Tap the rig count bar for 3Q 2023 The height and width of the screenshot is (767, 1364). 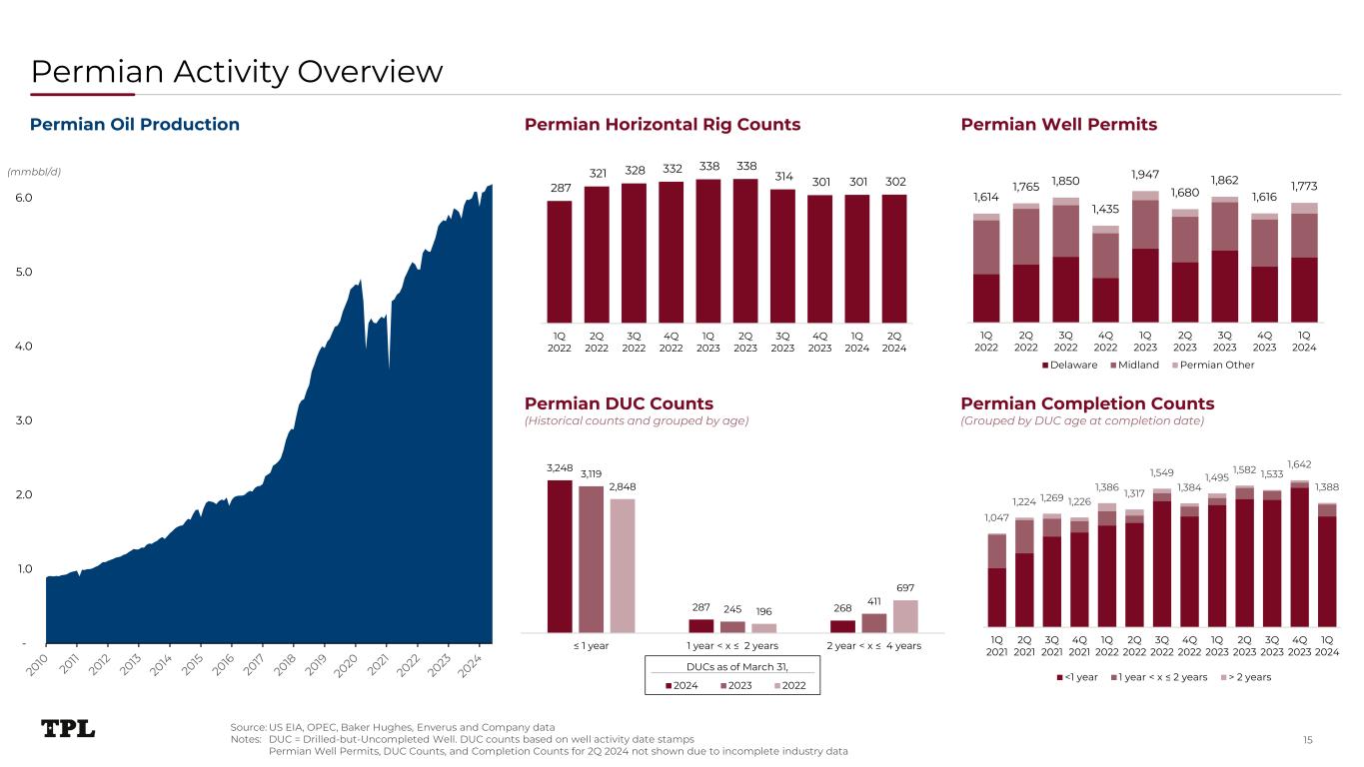click(x=782, y=255)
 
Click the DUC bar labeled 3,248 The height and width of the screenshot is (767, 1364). click(x=560, y=556)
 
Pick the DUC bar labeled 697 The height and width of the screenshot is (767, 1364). click(x=905, y=616)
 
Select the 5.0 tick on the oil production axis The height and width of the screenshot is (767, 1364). click(x=23, y=272)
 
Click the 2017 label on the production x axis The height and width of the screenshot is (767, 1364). click(x=255, y=661)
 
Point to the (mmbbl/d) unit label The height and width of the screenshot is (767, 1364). click(x=34, y=172)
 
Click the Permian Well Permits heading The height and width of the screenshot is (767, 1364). click(x=1058, y=125)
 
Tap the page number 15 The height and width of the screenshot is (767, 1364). click(x=1308, y=739)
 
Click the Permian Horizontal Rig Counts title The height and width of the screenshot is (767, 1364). click(x=663, y=125)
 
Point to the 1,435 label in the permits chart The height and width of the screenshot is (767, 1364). click(x=1105, y=209)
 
